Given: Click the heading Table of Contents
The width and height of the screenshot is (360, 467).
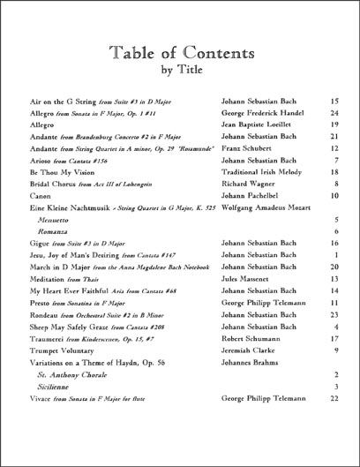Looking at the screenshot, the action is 180,53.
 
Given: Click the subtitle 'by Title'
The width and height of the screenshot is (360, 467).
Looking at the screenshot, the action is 180,73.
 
